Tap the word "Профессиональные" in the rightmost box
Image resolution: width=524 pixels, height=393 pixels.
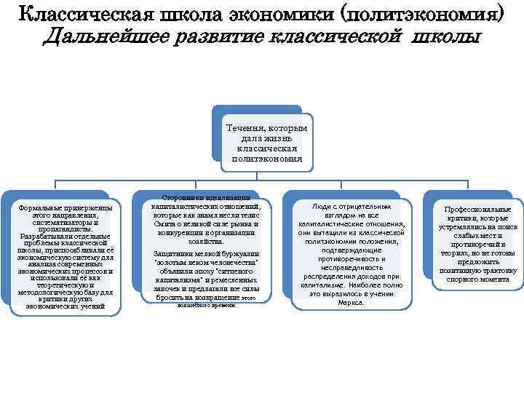tap(473, 210)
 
